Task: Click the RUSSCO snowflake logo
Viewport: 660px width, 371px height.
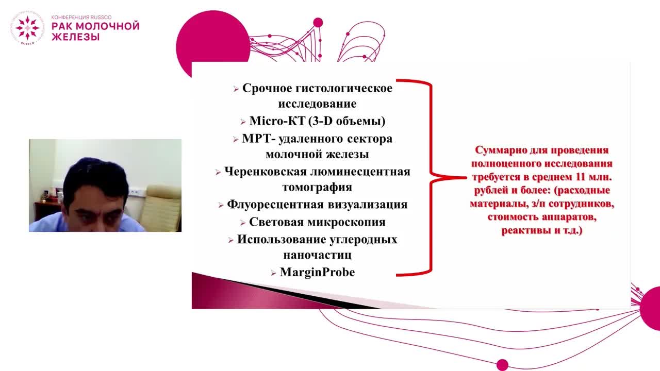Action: coord(27,28)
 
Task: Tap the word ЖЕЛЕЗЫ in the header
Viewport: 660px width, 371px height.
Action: coord(75,37)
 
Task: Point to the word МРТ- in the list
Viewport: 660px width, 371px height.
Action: coord(254,139)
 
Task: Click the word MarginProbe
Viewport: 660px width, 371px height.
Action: coord(317,273)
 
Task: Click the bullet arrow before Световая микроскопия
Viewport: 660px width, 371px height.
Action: coord(243,223)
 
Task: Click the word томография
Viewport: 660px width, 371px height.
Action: coord(317,187)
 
